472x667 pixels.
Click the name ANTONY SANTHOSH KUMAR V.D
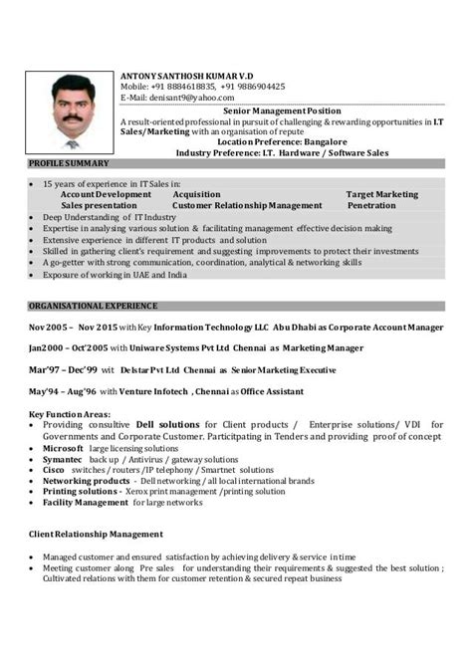click(x=188, y=76)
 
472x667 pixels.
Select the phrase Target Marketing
click(x=381, y=194)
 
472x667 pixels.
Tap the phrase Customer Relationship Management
click(x=247, y=205)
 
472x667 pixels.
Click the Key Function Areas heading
click(x=70, y=414)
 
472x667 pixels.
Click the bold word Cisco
click(x=54, y=470)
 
